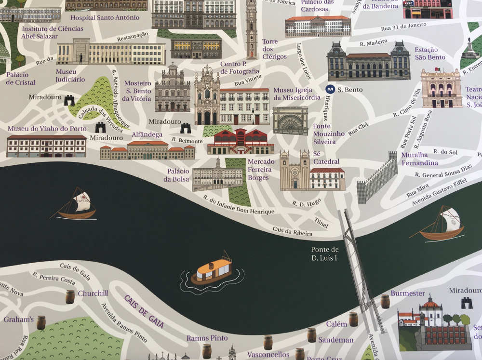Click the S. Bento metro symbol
pos(330,90)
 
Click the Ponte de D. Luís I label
pos(325,254)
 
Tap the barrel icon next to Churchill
pos(70,296)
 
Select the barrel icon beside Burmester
pos(385,301)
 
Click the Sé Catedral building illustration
pos(295,171)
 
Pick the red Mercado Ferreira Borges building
pos(240,142)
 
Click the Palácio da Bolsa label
pos(178,175)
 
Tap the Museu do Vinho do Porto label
pos(47,129)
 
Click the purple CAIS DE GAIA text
pos(144,311)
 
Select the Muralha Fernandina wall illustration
pos(378,179)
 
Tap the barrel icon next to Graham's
pos(41,322)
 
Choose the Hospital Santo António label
pos(105,18)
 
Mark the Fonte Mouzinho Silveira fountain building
pos(290,120)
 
